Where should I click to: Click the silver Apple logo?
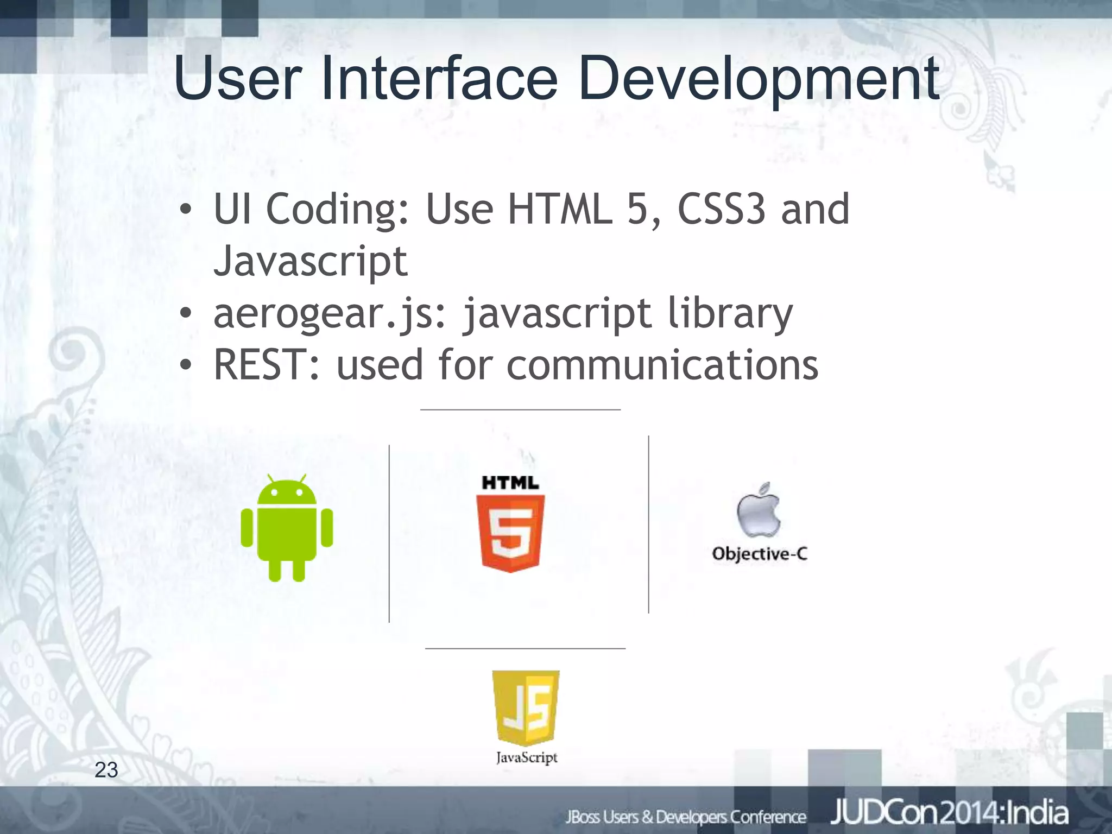[759, 510]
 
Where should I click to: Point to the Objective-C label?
[760, 554]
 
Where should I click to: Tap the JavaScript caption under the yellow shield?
[527, 757]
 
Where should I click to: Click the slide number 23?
[106, 770]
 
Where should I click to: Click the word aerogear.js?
[329, 314]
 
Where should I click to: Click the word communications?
[662, 365]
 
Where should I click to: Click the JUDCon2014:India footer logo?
[949, 813]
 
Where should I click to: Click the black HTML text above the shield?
[510, 483]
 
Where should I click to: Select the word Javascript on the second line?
[310, 262]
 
